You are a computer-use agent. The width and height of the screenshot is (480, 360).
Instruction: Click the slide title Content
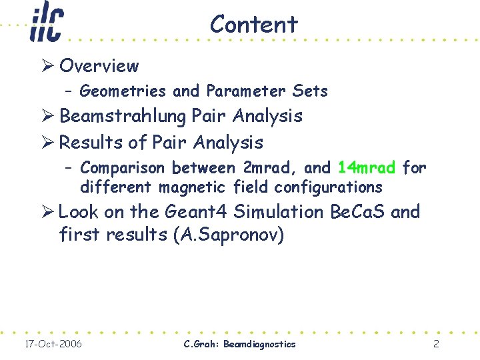(253, 25)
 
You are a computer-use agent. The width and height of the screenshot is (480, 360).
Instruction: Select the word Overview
(99, 66)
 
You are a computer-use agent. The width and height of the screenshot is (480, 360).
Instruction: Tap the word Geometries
(123, 91)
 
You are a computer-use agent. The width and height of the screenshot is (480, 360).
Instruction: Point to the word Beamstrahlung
(123, 116)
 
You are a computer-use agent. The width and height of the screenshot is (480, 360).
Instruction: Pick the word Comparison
(124, 167)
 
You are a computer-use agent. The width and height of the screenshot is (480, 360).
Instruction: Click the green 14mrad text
(367, 167)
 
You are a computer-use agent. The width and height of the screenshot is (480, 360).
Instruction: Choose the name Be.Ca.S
(358, 212)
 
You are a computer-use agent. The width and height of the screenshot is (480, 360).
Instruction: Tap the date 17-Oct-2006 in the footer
(53, 344)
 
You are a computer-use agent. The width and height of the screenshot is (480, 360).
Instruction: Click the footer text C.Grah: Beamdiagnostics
(239, 344)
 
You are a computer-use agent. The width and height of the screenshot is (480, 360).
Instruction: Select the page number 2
(435, 344)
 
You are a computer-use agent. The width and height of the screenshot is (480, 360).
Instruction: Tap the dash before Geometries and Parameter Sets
(69, 91)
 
